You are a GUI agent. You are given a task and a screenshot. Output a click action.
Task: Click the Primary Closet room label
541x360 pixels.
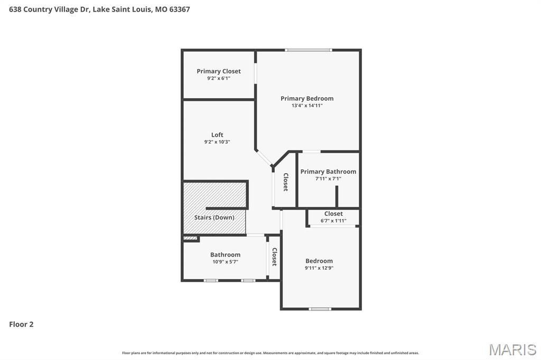pos(219,71)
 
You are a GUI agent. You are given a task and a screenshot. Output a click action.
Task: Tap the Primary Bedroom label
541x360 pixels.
pos(307,98)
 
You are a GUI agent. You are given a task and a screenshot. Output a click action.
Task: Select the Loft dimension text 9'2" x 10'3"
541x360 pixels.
pos(217,142)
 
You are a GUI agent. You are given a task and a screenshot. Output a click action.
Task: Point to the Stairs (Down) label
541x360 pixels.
pos(214,217)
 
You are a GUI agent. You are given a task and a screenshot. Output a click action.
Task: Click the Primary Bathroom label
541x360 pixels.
pos(328,172)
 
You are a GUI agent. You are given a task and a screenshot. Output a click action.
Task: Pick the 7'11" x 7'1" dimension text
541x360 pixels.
pos(328,178)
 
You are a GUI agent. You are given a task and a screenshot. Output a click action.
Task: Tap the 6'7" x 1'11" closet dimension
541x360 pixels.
pos(333,221)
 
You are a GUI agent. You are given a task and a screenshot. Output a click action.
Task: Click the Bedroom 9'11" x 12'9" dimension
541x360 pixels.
pos(319,268)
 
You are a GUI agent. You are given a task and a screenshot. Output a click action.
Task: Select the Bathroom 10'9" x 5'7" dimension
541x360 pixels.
pos(225,261)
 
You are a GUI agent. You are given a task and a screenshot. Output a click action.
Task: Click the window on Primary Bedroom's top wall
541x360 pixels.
pos(309,50)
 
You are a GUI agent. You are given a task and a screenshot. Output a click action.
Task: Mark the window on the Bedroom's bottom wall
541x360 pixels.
pos(320,309)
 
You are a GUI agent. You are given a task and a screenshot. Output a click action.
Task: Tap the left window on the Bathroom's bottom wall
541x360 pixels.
pos(211,280)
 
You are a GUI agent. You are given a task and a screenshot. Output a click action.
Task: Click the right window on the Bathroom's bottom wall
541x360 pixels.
pos(248,280)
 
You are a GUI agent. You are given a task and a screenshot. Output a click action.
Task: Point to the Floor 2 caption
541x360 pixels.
pos(21,325)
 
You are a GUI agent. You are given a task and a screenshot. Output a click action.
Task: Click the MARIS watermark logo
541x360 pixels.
pos(512,349)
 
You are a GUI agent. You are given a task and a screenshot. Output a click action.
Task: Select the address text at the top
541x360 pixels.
pos(99,10)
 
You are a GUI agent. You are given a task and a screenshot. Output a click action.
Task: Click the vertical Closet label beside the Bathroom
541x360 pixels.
pos(274,257)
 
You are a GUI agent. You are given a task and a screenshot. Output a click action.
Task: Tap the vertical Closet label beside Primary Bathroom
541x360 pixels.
pos(285,182)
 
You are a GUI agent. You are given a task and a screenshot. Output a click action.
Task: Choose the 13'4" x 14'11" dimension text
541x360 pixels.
pos(307,106)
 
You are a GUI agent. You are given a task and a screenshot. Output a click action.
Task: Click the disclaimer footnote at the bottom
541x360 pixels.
pos(270,353)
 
